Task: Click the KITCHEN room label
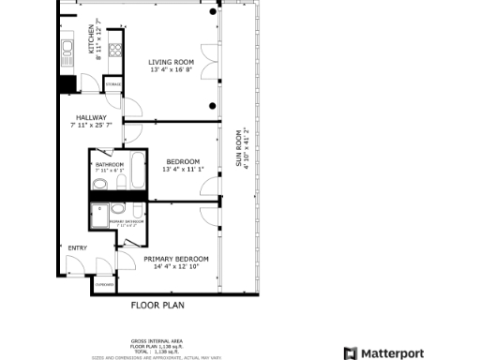pos(91,37)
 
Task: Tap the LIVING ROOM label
pos(172,62)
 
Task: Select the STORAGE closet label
pos(113,85)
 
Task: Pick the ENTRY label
pos(77,247)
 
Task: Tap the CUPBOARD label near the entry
pos(105,284)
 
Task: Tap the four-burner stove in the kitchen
pos(115,52)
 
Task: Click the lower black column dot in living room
pos(215,104)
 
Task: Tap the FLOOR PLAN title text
pos(157,306)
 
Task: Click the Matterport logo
pos(383,352)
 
